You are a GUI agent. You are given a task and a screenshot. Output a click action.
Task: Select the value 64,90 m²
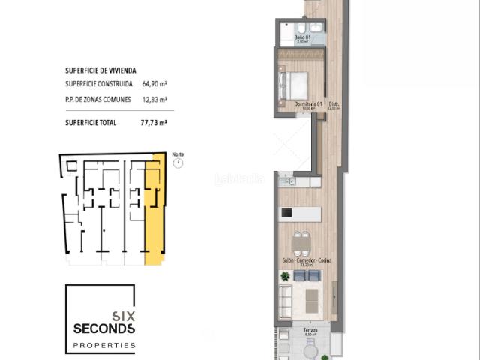coord(154,85)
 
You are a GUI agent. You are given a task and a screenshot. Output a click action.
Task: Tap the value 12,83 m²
coord(154,99)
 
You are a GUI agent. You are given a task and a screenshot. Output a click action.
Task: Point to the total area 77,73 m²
coord(154,121)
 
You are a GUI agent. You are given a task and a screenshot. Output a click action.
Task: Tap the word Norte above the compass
coord(178,154)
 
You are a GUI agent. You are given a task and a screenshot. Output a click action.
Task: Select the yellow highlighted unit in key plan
coord(154,217)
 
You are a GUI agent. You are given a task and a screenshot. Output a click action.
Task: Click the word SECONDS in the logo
coord(103,328)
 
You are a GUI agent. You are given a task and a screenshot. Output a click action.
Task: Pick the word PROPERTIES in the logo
coord(103,346)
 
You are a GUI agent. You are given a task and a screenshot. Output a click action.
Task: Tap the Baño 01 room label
coord(302,37)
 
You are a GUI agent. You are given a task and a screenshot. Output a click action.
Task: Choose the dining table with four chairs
coord(301,243)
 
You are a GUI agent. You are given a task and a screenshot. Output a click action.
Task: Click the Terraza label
coord(310,330)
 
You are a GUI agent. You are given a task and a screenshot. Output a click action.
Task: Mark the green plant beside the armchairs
coord(285,277)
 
